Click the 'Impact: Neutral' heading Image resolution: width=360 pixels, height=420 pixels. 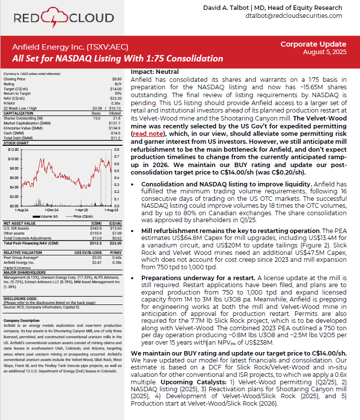(x=155, y=72)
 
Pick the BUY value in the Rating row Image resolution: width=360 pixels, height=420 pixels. (x=118, y=83)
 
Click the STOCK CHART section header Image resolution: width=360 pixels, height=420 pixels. (x=16, y=142)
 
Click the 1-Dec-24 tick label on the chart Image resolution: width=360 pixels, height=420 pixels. (x=53, y=210)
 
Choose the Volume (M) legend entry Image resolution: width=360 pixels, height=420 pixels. (x=49, y=217)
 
